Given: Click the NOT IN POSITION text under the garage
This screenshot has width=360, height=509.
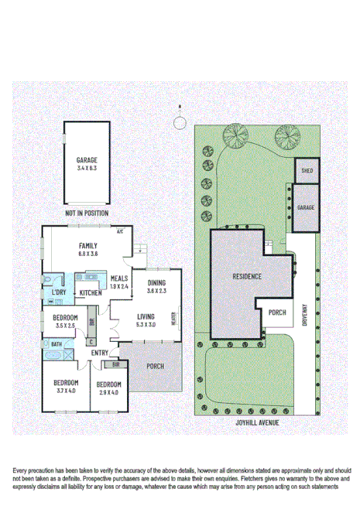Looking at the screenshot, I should click(x=87, y=213).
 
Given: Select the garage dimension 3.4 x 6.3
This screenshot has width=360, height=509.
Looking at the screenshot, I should click(x=87, y=167).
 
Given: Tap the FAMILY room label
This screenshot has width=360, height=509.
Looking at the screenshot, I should click(x=87, y=245).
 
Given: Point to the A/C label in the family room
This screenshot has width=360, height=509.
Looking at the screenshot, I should click(x=121, y=231).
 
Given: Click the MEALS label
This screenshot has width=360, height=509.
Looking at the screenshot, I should click(x=118, y=278).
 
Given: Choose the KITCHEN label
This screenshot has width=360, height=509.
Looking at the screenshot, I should click(x=91, y=293).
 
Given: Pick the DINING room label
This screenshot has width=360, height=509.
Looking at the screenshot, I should click(x=156, y=283).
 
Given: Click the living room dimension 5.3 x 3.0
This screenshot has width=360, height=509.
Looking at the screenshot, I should click(x=146, y=325).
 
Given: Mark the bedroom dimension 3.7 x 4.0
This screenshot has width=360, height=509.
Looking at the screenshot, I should click(x=66, y=391).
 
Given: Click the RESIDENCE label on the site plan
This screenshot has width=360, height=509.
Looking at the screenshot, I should click(x=246, y=276).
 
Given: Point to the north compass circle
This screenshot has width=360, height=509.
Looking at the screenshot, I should click(x=180, y=122).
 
